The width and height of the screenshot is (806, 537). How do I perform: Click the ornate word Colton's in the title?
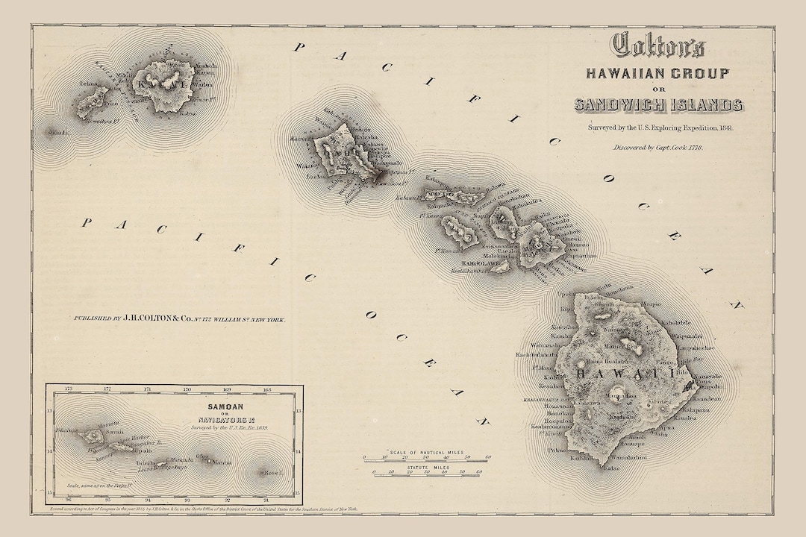coord(657,46)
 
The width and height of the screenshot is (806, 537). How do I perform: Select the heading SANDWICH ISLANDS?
coord(657,104)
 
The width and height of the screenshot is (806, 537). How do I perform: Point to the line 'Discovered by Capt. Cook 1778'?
coord(657,148)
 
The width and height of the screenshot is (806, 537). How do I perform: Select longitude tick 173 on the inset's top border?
coord(68,389)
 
